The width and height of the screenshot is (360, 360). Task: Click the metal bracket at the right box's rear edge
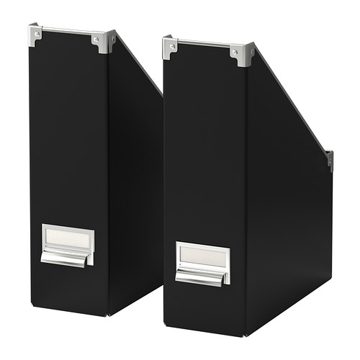[x=329, y=160]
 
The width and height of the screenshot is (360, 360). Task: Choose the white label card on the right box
[x=203, y=255]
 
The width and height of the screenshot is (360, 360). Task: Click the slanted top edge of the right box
[x=292, y=104]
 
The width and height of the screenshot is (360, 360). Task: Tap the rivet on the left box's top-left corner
[x=34, y=33]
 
